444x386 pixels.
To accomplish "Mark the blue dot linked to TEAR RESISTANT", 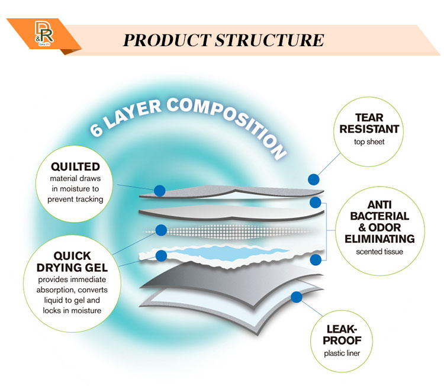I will (314, 179).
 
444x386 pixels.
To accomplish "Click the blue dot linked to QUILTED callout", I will (159, 191).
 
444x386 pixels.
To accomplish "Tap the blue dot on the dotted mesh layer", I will (160, 230).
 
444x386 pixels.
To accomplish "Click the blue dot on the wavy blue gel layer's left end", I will (160, 256).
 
